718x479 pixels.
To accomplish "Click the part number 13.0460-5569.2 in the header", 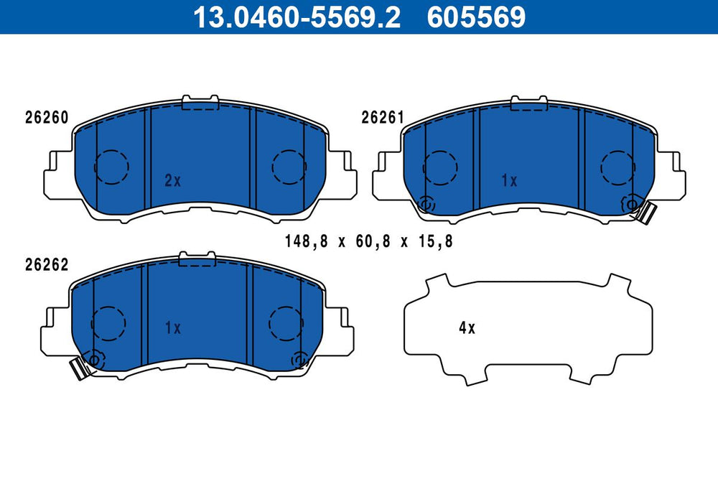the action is [x=297, y=17].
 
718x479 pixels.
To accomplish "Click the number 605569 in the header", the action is [x=476, y=17].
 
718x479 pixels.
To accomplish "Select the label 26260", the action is [x=47, y=118].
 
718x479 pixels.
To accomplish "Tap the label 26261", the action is [x=383, y=118].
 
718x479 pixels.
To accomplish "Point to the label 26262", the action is [x=47, y=265].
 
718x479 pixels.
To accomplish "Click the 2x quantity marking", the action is [x=172, y=181].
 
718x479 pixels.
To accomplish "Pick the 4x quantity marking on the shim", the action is [x=467, y=328].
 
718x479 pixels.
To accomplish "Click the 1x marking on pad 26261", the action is [x=509, y=181].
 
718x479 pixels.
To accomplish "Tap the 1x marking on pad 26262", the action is [x=173, y=328].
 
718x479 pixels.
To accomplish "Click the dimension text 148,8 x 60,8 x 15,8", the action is [x=368, y=241].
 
